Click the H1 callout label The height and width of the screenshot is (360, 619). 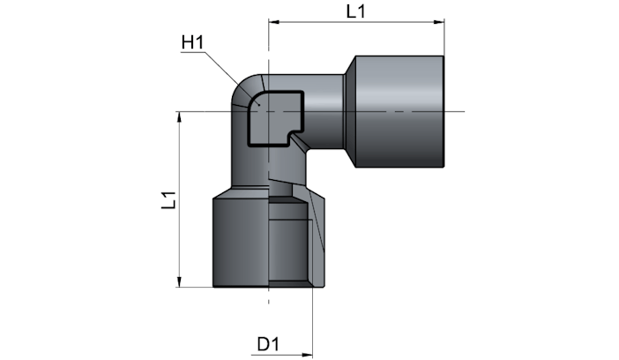point(192,42)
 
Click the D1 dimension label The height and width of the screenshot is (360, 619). point(268,344)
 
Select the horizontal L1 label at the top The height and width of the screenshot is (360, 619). point(355,11)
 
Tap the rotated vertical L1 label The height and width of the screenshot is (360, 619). point(169,200)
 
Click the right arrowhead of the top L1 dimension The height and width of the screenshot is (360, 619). point(439,22)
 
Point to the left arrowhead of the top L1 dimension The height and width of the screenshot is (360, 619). point(274,22)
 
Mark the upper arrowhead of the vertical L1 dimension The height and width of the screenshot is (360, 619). point(180,117)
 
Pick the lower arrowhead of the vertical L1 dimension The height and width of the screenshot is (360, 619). point(180,281)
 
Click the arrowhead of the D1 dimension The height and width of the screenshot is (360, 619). point(307,355)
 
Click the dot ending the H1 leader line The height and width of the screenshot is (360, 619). point(258,105)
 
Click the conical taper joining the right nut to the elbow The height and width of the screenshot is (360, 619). point(349,111)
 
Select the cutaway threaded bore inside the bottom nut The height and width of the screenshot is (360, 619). point(290,242)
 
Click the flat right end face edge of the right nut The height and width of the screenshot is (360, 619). point(444,111)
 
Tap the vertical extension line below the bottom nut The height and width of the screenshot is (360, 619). point(312,322)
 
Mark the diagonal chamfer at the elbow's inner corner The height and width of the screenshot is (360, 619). point(300,143)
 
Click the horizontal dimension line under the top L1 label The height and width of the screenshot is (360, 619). point(356,22)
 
